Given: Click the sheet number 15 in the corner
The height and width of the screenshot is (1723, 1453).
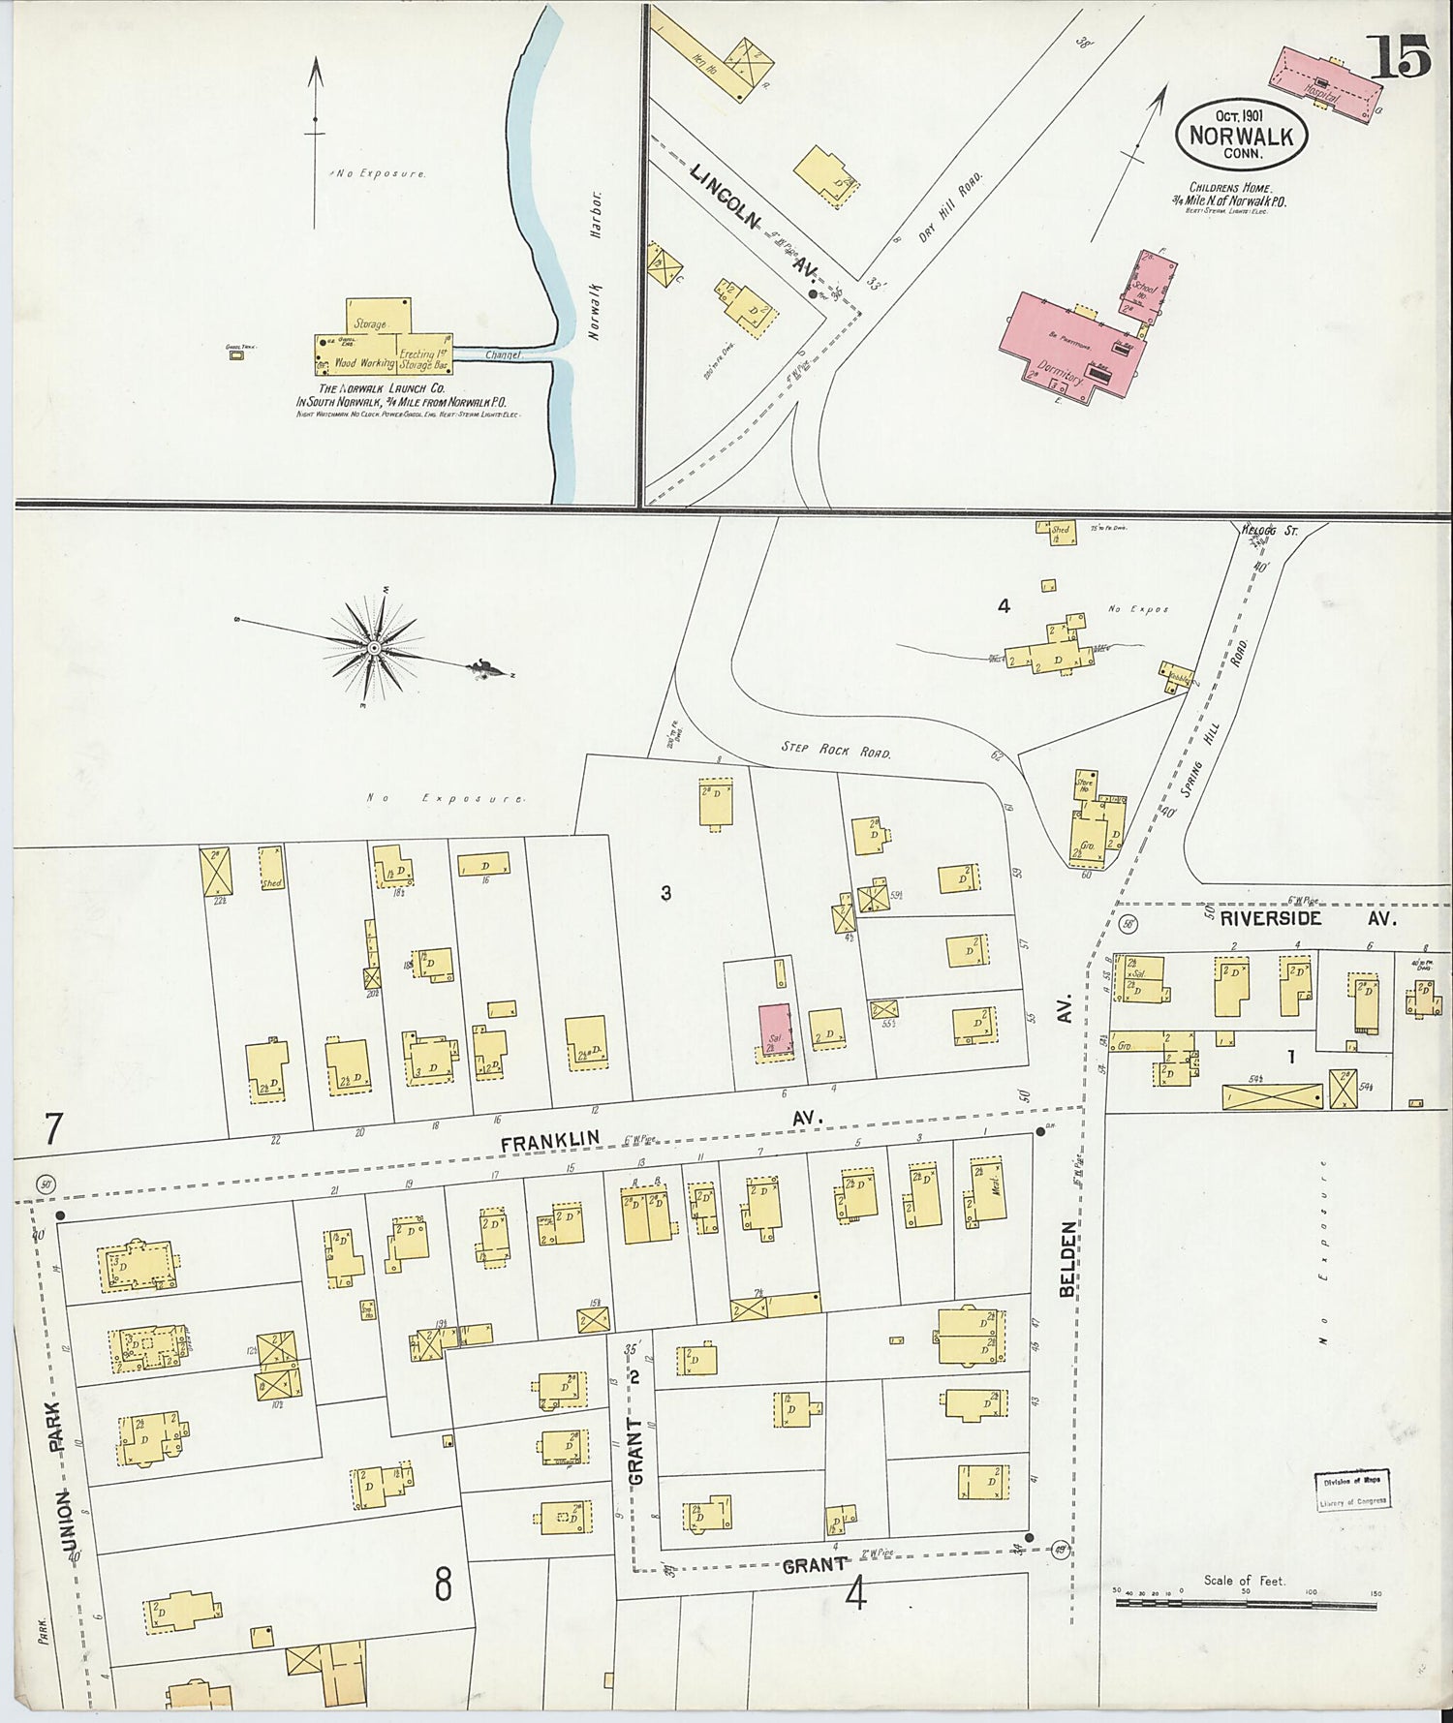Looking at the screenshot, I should pos(1399,57).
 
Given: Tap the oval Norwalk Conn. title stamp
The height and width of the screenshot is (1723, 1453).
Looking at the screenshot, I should pos(1241,136).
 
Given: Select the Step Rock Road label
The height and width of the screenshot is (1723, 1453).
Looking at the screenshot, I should pos(835,750).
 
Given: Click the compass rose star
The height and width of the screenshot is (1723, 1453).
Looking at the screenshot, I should pos(374,648).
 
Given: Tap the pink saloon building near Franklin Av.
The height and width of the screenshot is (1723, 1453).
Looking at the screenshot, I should pos(774,1031).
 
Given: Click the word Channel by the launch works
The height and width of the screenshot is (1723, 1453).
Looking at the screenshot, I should pos(503,355).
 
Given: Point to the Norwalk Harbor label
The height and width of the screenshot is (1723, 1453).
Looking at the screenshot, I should pos(596,264).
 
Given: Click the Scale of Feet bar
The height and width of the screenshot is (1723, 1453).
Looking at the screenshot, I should pos(1246,1605).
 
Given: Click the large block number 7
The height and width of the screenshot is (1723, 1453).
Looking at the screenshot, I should pos(53,1130).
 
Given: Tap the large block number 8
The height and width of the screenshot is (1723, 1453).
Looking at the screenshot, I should pos(443,1585).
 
